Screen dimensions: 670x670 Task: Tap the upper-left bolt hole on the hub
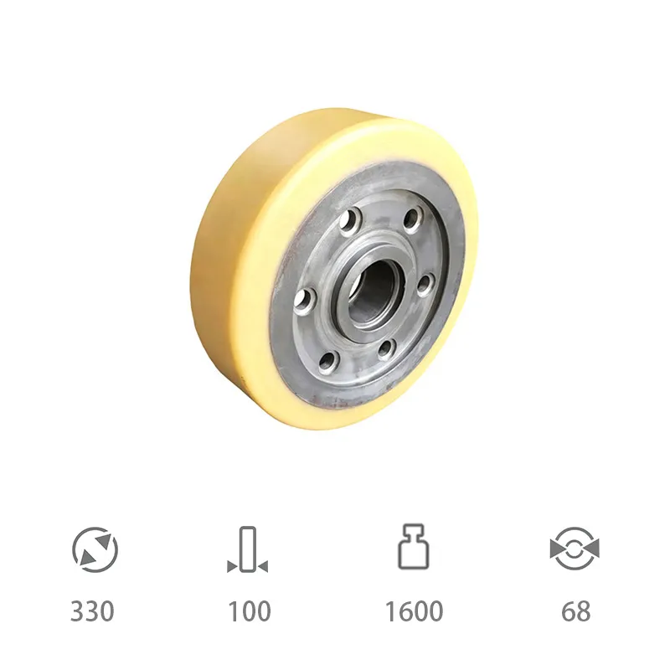click(x=350, y=221)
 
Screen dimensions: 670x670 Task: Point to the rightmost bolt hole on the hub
click(x=425, y=285)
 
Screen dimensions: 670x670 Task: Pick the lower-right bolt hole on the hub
click(x=385, y=349)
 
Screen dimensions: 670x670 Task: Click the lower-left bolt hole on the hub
click(x=328, y=362)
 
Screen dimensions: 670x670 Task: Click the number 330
click(x=92, y=611)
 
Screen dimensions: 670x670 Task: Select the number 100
click(x=250, y=611)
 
